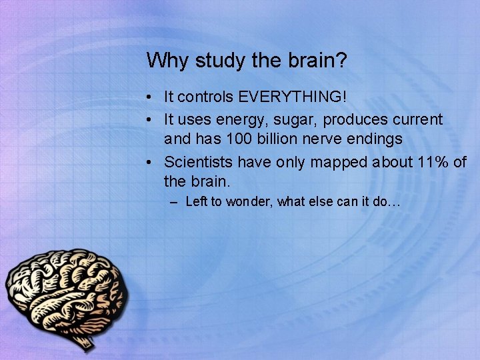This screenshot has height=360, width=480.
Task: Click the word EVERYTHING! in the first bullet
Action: click(293, 97)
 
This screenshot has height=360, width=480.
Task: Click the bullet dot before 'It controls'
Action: click(153, 98)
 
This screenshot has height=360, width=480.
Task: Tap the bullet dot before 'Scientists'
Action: click(153, 163)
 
